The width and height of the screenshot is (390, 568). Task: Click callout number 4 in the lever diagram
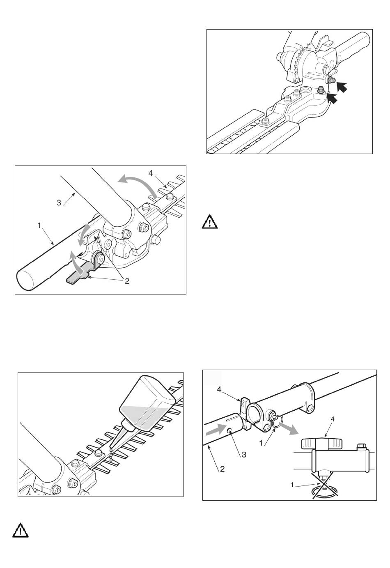coord(151,173)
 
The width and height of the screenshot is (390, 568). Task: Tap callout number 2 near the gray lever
coord(127,281)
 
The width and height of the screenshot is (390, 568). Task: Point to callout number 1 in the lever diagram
coord(39,225)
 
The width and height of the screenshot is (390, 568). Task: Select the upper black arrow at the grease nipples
coord(342,87)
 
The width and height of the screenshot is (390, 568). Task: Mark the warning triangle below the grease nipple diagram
coord(210,222)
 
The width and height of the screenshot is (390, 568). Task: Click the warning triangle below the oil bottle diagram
coord(21,530)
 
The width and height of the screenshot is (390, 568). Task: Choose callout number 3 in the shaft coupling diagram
coord(244,454)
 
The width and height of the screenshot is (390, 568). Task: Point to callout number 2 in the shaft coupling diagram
coord(222,469)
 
